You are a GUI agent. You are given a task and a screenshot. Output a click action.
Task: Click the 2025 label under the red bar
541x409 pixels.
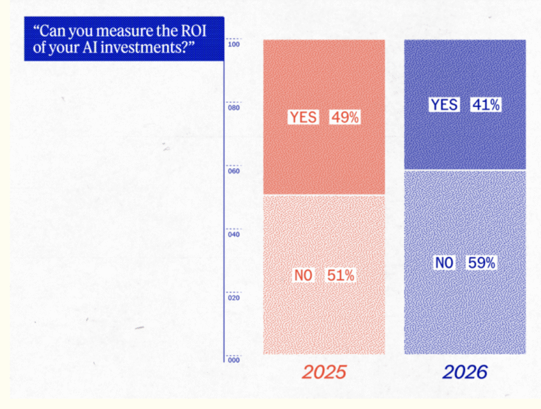tap(324, 372)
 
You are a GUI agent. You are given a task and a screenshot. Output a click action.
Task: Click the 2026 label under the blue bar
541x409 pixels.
tap(465, 372)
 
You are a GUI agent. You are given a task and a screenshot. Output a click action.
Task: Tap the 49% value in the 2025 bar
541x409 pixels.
tap(345, 117)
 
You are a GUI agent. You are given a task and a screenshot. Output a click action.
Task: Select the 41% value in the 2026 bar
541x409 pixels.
tap(486, 105)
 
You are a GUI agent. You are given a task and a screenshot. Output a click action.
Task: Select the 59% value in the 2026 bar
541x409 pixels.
tap(481, 262)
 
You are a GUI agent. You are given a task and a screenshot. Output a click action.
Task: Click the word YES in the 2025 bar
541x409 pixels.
tap(303, 117)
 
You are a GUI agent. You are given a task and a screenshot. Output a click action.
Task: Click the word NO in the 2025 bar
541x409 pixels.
tap(303, 275)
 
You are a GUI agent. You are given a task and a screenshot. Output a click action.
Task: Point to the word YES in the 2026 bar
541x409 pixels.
tap(444, 105)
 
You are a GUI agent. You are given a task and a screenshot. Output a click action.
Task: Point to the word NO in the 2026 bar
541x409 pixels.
tap(443, 262)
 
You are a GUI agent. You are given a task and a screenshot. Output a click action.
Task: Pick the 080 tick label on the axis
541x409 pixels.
tap(234, 108)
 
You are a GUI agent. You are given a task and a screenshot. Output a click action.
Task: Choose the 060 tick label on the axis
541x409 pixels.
tap(234, 171)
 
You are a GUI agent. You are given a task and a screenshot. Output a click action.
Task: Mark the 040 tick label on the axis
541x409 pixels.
tap(234, 234)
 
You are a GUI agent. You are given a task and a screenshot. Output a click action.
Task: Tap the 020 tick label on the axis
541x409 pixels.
tap(234, 298)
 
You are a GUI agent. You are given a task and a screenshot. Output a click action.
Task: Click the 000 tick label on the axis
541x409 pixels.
tap(234, 360)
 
